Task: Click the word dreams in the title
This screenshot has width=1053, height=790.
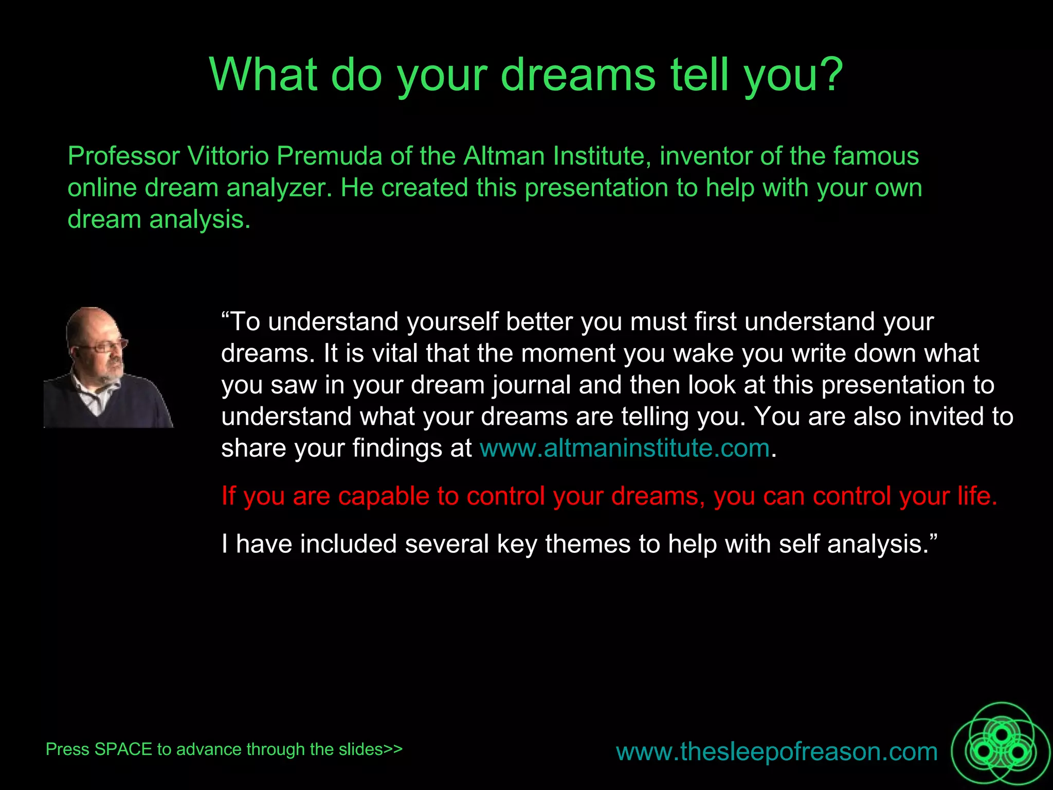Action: pos(578,75)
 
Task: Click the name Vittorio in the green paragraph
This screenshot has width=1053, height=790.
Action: pos(228,156)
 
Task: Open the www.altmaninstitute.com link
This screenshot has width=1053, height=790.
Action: pos(624,448)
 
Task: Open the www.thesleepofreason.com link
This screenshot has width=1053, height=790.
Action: pos(776,751)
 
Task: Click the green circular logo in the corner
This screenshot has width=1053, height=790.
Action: pos(1000,750)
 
